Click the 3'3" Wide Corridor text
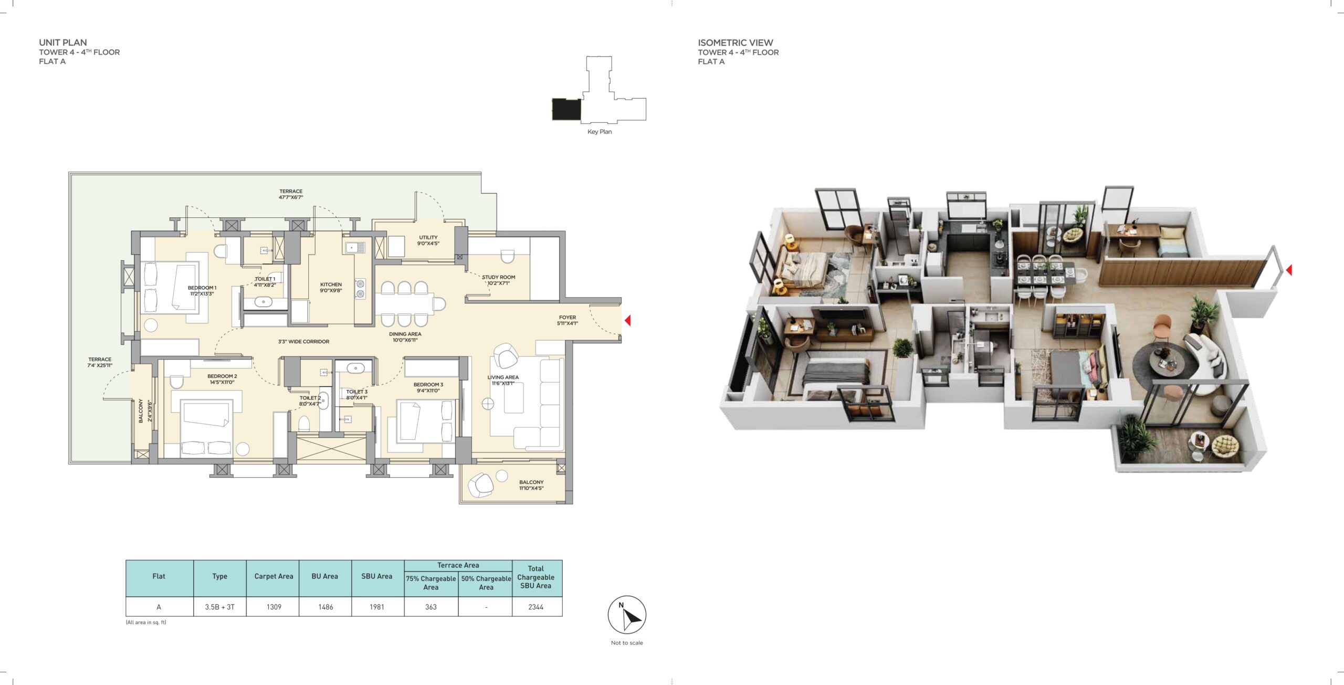tap(304, 342)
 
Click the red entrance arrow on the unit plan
tap(627, 320)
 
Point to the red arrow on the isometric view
tap(1289, 270)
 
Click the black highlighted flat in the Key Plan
tap(566, 109)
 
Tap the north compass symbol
tap(627, 615)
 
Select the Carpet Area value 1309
tap(274, 607)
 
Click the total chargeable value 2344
tap(536, 607)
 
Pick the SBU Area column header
tap(377, 576)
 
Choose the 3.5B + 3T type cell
tap(220, 607)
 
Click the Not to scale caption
tap(627, 642)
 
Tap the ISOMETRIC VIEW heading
tap(736, 43)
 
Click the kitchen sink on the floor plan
tap(355, 247)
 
